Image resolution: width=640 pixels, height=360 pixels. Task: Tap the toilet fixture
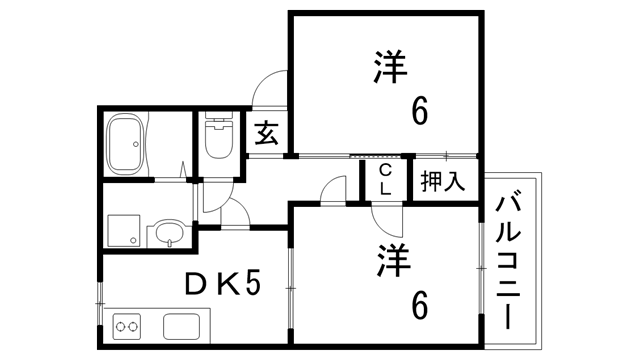click(x=217, y=139)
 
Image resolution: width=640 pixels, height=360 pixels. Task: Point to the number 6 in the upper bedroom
click(x=420, y=112)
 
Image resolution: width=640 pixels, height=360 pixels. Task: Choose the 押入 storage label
click(x=443, y=181)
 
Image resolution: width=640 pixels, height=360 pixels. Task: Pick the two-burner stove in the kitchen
click(x=128, y=326)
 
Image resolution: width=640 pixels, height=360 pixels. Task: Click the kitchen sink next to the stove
click(x=185, y=326)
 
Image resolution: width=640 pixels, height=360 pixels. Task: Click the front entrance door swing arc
click(x=268, y=88)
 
